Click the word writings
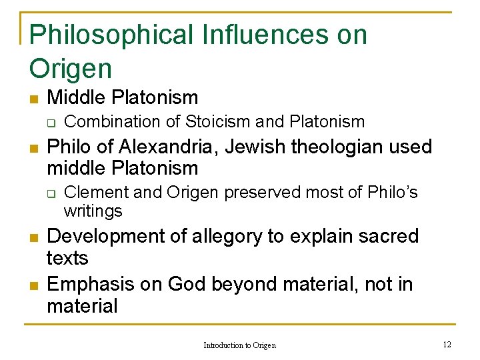pyautogui.click(x=93, y=211)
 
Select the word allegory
pyautogui.click(x=225, y=237)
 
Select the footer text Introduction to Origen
pyautogui.click(x=239, y=345)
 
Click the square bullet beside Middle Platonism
pyautogui.click(x=34, y=99)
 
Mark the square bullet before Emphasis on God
pyautogui.click(x=34, y=286)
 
